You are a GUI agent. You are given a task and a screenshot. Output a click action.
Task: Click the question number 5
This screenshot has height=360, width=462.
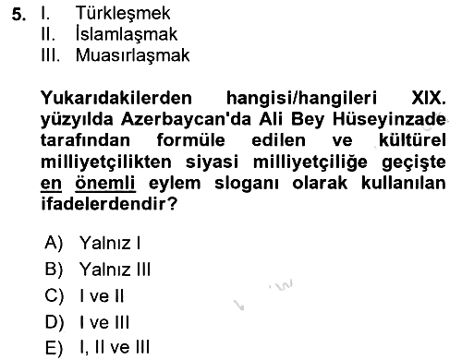18,14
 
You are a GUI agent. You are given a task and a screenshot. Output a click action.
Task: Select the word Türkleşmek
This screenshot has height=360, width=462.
123,13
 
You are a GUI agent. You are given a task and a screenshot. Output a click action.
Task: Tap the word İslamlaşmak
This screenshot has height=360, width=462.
127,33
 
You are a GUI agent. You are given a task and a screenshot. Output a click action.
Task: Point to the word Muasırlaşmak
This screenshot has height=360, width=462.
133,55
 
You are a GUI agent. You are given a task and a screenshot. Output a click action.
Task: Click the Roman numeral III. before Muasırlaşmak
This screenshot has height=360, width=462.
50,55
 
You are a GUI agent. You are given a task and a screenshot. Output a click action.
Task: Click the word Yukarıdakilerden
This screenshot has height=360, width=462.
116,98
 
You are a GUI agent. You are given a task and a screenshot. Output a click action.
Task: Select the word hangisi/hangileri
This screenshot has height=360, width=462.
301,98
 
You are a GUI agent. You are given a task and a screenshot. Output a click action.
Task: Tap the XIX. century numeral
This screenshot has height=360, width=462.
429,98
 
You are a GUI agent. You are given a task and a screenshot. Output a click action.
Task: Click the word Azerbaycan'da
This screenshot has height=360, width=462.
186,119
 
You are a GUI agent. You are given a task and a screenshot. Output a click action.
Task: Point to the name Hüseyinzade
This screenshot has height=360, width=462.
389,119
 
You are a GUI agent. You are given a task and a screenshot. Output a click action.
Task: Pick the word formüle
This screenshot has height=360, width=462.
191,140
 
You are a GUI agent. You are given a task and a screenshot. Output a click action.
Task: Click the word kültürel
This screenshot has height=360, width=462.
412,140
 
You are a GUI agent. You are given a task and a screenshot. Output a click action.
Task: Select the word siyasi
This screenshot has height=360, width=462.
212,162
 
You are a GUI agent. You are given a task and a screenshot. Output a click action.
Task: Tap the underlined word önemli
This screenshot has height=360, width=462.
105,183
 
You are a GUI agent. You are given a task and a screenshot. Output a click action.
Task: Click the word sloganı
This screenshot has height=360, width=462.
247,183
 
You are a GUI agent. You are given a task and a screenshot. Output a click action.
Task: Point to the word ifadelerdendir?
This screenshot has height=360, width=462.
109,204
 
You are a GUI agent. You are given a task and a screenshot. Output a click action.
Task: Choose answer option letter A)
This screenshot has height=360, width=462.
54,243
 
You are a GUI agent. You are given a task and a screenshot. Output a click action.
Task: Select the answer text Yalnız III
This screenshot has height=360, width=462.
115,270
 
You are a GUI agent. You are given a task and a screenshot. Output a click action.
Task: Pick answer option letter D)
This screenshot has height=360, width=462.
55,322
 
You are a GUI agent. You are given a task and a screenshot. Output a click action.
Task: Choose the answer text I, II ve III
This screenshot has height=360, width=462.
115,347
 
